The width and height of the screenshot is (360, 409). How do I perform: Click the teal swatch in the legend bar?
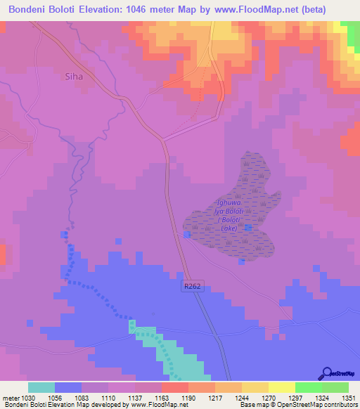41,387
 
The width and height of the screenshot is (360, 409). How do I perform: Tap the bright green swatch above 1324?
309,387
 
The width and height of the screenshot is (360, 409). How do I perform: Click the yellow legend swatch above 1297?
282,387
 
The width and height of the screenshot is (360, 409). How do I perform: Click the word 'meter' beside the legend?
10,397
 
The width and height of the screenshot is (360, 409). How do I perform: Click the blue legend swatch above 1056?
68,387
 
